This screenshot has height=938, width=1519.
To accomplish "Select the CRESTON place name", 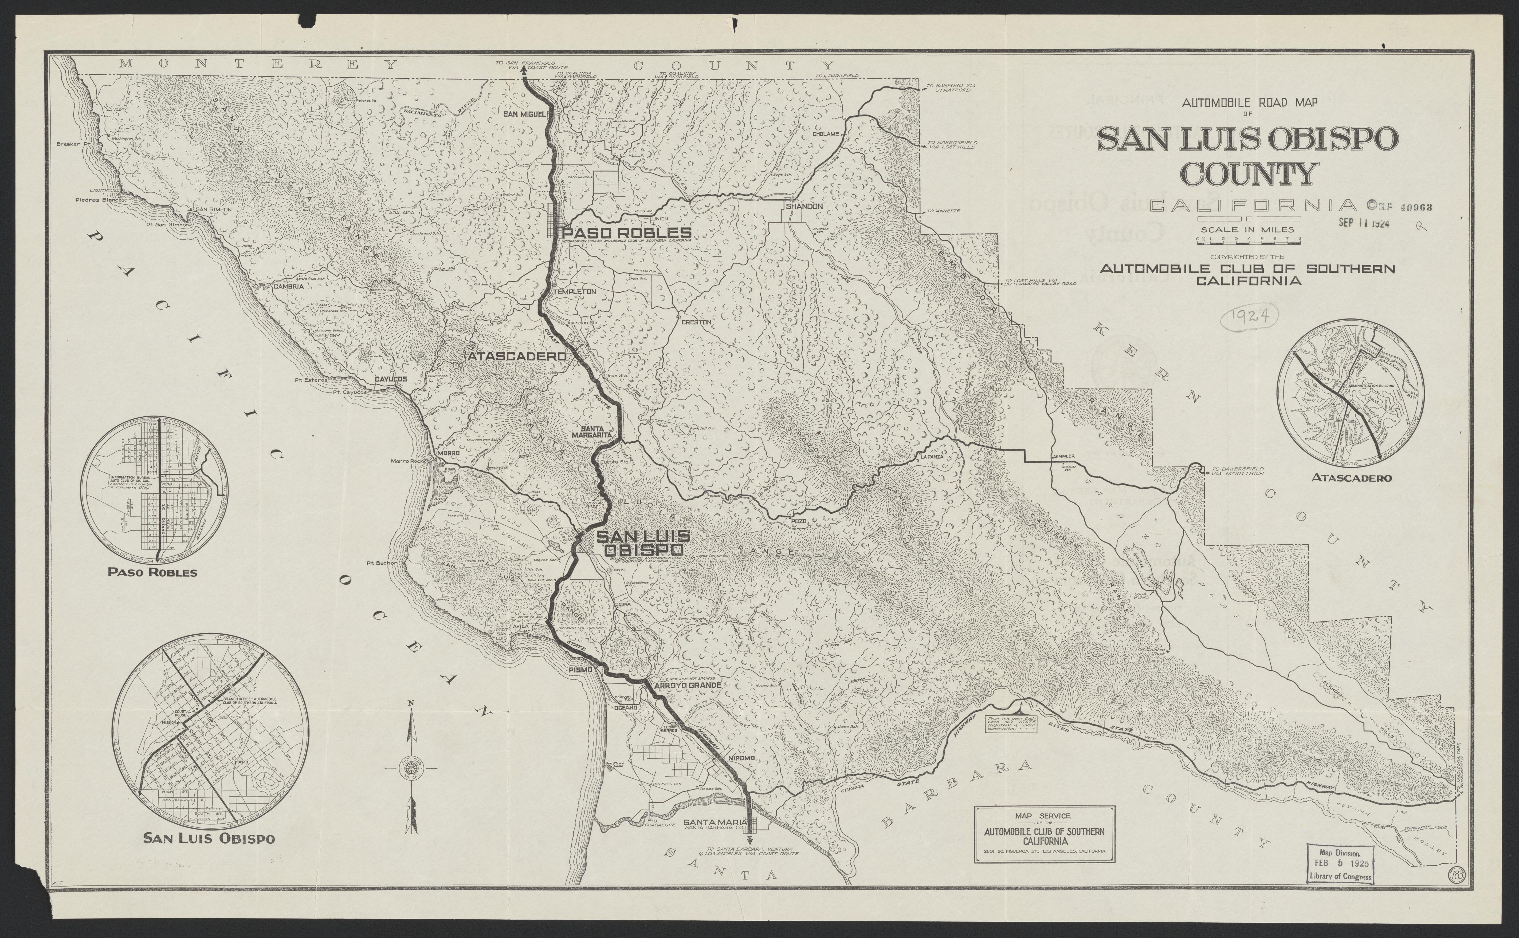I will pyautogui.click(x=696, y=323).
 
